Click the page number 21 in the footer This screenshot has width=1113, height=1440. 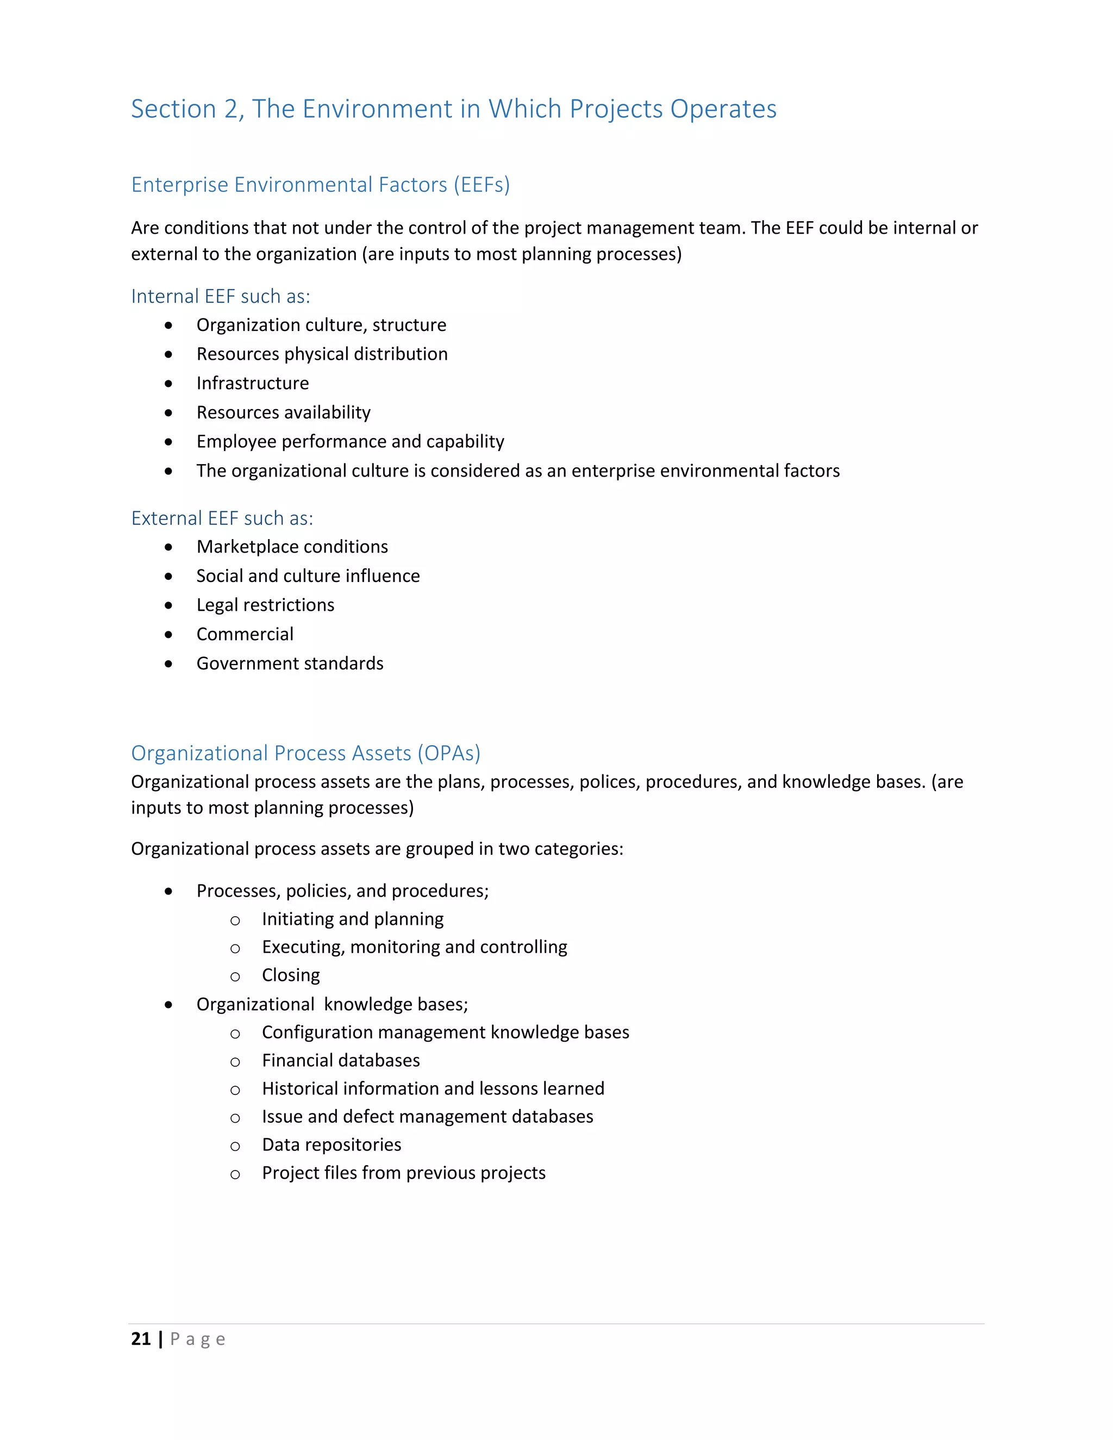(x=141, y=1338)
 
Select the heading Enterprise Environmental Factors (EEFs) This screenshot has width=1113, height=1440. (x=321, y=185)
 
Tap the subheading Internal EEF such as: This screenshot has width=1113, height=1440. (x=220, y=297)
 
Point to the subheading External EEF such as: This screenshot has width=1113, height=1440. (x=222, y=518)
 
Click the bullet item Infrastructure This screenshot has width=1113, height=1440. (x=253, y=383)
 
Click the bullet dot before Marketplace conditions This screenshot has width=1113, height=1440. (x=169, y=547)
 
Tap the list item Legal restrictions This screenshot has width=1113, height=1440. (x=265, y=605)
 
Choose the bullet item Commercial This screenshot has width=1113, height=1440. (x=245, y=634)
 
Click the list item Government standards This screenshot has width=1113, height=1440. (x=290, y=663)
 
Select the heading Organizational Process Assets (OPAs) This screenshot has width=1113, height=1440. (x=306, y=753)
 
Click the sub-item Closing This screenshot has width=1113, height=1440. (x=291, y=975)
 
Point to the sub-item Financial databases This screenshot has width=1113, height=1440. (x=341, y=1060)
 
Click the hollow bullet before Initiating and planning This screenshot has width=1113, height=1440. (x=235, y=921)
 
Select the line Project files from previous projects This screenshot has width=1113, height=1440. (x=404, y=1173)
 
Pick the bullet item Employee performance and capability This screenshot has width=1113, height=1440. (x=350, y=441)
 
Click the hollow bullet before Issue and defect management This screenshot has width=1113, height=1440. (x=235, y=1118)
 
